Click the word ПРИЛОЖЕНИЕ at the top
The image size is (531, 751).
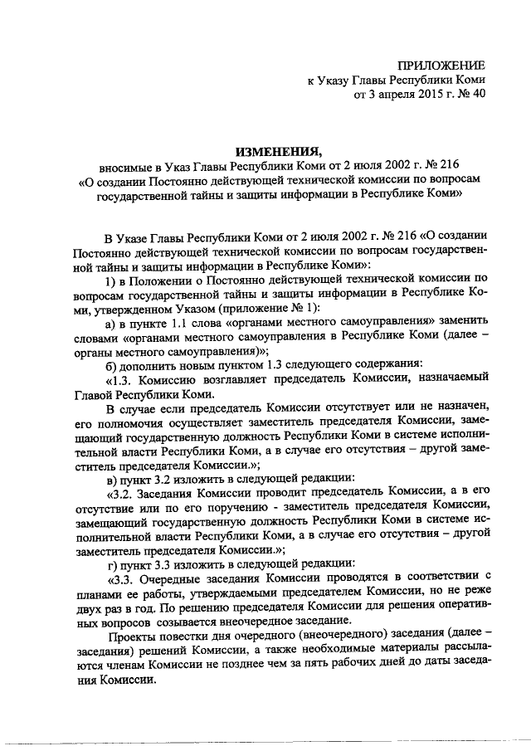pyautogui.click(x=441, y=65)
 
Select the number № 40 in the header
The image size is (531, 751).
pyautogui.click(x=469, y=95)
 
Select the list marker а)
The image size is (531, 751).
pyautogui.click(x=112, y=323)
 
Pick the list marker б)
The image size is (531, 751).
pyautogui.click(x=112, y=366)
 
